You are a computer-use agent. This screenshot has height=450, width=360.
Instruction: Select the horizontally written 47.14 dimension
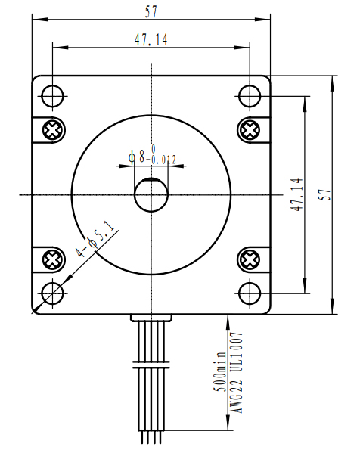151,40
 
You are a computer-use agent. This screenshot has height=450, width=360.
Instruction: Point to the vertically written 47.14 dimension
296,194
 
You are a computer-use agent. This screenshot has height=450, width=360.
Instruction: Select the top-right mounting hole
250,96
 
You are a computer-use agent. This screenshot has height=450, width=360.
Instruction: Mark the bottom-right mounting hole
250,293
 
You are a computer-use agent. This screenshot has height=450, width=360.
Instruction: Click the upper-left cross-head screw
52,130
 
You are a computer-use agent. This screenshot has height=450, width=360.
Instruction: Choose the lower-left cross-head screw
52,260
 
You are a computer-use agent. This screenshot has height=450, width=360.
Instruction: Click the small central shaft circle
151,195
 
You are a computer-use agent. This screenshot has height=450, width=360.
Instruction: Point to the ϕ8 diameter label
137,157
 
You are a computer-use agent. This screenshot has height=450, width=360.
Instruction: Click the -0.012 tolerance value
163,160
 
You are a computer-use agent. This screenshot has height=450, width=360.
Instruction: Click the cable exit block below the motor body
151,318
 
